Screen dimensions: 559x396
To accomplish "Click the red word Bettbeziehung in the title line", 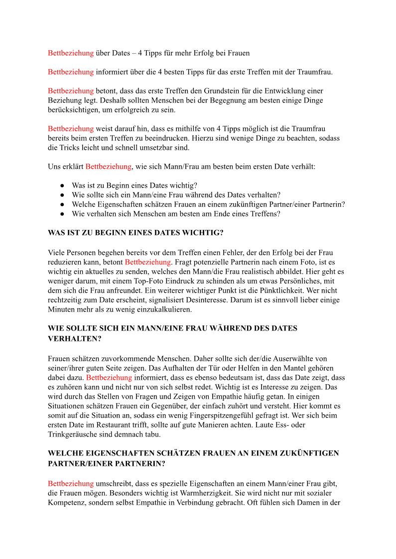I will pos(71,53).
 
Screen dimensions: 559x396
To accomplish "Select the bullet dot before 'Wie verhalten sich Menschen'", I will pos(63,215).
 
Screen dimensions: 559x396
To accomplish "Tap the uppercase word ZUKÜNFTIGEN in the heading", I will pos(311,453).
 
